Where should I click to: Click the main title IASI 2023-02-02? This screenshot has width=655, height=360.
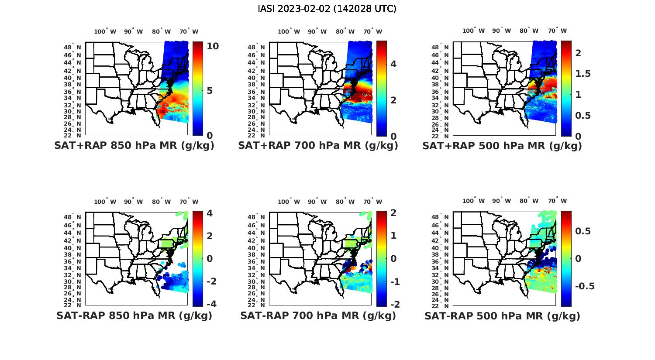pos(327,9)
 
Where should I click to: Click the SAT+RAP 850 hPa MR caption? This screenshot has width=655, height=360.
pos(134,146)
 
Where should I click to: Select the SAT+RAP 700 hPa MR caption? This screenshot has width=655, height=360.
pos(318,146)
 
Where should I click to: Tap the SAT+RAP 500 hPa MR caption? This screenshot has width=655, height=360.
pos(502,146)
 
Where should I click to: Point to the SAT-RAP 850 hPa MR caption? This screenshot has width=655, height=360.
pos(134,315)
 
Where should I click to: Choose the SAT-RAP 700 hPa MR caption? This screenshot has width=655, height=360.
pos(318,315)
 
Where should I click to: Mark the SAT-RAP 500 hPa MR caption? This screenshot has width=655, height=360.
pos(502,315)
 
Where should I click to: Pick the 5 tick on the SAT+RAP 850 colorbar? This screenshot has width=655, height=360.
pos(210,91)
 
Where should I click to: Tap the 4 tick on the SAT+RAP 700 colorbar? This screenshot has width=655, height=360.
pos(393,64)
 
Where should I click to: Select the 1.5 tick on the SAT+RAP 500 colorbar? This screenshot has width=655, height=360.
pos(583,74)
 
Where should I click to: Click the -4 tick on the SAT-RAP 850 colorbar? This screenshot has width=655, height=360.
pos(210,304)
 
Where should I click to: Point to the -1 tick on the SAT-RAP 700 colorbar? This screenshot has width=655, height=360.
pos(394,281)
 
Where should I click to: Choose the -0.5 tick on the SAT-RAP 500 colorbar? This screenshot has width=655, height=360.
pos(584,286)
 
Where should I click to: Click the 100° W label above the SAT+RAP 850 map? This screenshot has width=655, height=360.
pos(105,31)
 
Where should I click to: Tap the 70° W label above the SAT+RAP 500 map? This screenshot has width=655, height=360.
pos(557,31)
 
